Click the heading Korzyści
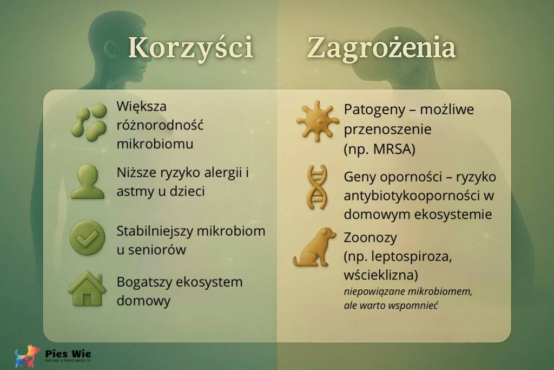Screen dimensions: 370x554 190,48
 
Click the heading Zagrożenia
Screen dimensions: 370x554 381,48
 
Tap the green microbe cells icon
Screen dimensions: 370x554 89,122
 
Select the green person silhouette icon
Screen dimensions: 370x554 87,181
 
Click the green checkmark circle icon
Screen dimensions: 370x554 87,237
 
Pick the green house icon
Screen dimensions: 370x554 87,290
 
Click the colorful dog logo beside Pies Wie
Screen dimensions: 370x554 27,356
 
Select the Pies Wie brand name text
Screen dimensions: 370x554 68,354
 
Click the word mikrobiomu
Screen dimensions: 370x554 155,145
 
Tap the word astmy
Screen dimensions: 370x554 134,192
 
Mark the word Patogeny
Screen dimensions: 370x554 370,109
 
